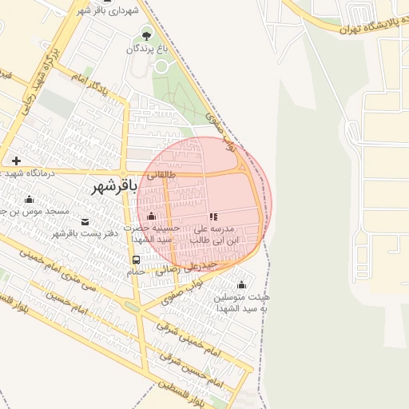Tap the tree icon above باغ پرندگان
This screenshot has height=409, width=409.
click(x=146, y=34)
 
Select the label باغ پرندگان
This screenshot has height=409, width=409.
click(x=148, y=49)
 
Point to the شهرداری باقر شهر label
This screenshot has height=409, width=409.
click(x=109, y=11)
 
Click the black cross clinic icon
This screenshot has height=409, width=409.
click(x=16, y=161)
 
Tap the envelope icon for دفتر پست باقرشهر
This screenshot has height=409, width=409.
click(x=85, y=220)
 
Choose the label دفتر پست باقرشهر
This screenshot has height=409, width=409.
click(x=85, y=233)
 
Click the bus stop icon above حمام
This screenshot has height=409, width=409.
click(x=136, y=260)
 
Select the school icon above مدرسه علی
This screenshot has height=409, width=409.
click(x=213, y=216)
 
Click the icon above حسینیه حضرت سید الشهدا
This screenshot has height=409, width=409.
click(x=151, y=216)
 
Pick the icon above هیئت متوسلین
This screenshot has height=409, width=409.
click(x=242, y=285)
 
